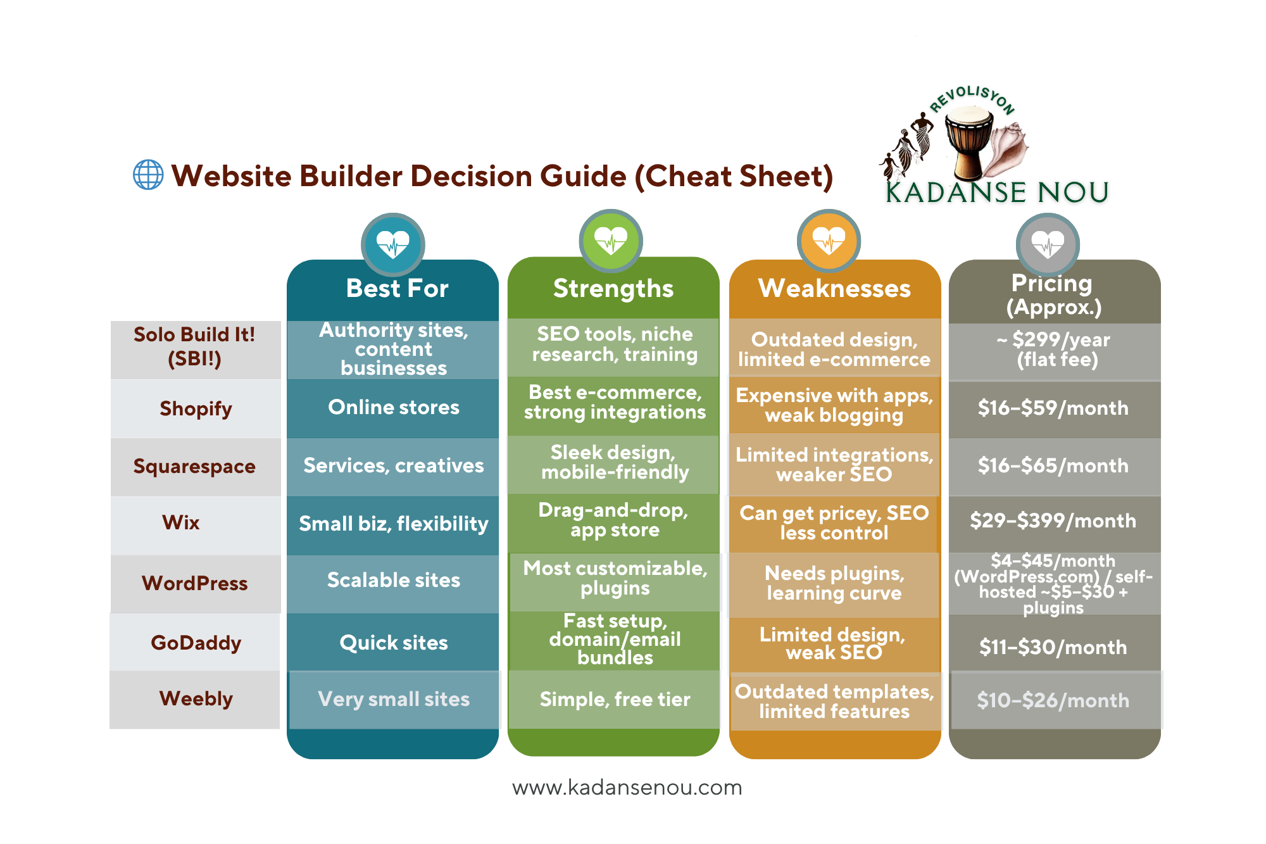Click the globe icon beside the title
pyautogui.click(x=148, y=175)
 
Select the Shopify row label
pyautogui.click(x=196, y=408)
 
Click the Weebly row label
pyautogui.click(x=196, y=698)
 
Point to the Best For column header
pyautogui.click(x=397, y=288)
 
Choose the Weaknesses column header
pyautogui.click(x=834, y=288)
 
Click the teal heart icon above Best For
pyautogui.click(x=393, y=244)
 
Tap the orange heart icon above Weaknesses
pyautogui.click(x=829, y=241)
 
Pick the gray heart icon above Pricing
pyautogui.click(x=1048, y=244)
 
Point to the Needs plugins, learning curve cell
pyautogui.click(x=834, y=583)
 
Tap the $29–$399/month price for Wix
pyautogui.click(x=1053, y=520)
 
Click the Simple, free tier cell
pyautogui.click(x=614, y=699)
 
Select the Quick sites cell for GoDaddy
pyautogui.click(x=393, y=643)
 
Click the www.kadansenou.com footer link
pyautogui.click(x=627, y=788)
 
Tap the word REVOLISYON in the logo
pyautogui.click(x=972, y=99)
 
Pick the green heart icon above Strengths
pyautogui.click(x=611, y=241)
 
